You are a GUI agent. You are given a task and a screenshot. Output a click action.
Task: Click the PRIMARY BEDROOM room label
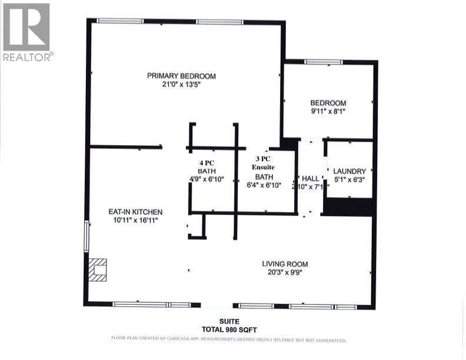tap(181, 76)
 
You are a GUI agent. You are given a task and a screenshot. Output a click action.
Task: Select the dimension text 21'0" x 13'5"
tap(181, 84)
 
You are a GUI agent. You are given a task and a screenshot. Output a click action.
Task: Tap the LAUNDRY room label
tap(349, 171)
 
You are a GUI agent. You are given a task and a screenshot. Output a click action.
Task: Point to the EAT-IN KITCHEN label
tap(135, 212)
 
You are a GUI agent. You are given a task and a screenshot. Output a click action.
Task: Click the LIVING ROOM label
tap(285, 264)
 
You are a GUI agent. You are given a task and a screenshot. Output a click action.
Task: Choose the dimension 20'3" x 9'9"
tap(285, 272)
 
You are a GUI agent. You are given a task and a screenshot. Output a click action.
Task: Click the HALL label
tap(310, 178)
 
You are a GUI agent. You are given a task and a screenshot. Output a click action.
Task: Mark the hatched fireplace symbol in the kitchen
tap(98, 269)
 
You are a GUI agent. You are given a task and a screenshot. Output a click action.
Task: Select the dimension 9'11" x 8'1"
tap(328, 111)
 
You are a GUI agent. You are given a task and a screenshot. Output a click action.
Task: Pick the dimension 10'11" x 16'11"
tap(135, 220)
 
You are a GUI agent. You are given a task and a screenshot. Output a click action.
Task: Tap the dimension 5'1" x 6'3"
tap(349, 179)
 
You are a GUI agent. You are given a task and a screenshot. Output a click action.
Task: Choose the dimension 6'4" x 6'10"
tap(264, 185)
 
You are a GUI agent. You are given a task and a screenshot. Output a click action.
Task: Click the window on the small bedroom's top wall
tap(323, 62)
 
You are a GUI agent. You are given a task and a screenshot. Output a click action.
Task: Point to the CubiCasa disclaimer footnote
tap(228, 339)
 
